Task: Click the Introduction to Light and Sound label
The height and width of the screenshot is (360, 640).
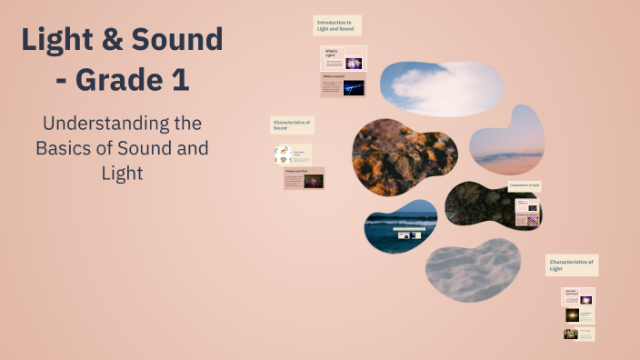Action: tap(337, 25)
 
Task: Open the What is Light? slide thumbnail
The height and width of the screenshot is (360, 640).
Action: tap(344, 59)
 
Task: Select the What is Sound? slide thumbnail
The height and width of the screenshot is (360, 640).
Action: tap(344, 86)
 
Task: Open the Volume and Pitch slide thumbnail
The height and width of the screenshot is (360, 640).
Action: tap(304, 178)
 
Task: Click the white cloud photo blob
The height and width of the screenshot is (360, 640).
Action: tap(441, 84)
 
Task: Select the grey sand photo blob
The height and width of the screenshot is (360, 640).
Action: tap(473, 270)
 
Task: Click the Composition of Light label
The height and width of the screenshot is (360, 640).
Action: tap(525, 185)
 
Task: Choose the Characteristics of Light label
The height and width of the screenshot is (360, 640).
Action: tap(572, 265)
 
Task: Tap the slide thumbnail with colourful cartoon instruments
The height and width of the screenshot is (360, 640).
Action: tap(294, 155)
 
